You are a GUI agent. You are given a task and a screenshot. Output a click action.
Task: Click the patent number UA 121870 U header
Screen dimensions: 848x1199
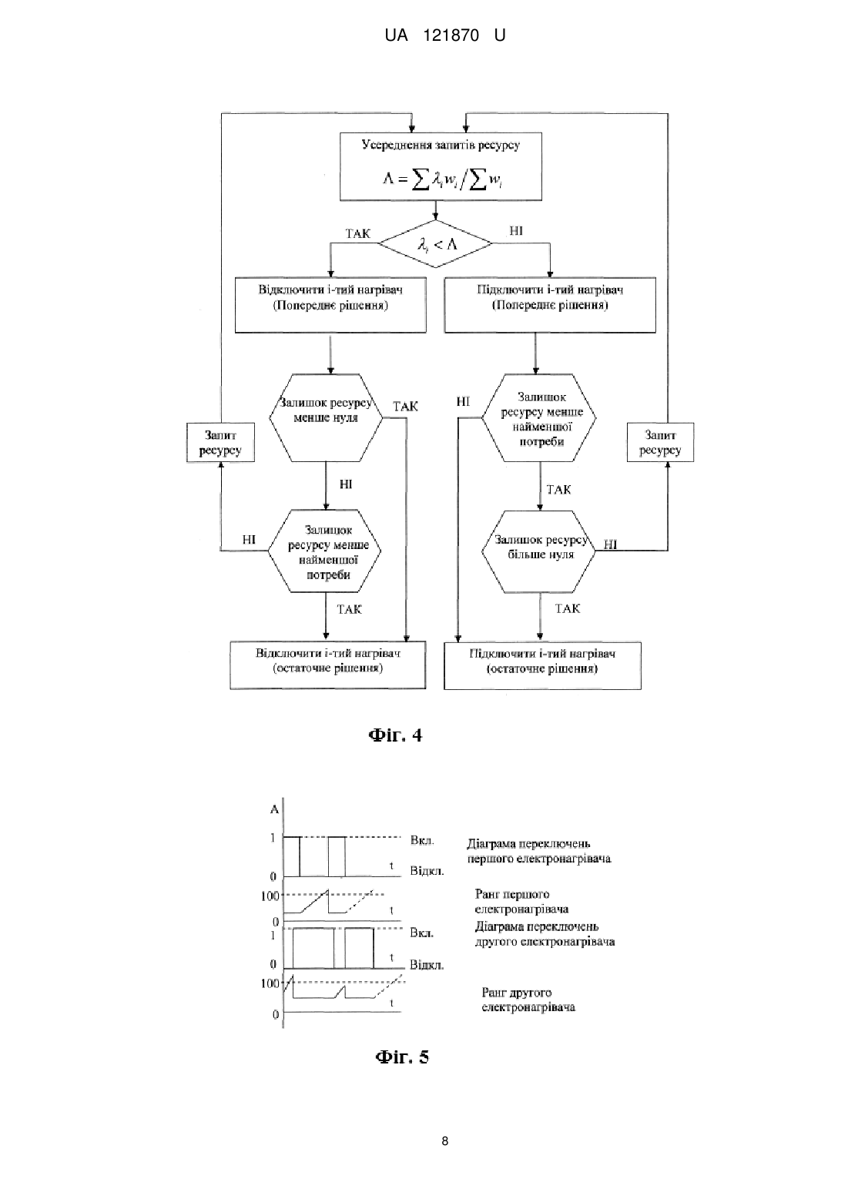coord(445,35)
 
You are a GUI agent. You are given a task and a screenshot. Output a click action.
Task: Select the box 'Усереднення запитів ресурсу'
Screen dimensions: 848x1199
coord(441,166)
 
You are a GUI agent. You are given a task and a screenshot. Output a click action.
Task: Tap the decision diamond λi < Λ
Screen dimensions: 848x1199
coord(435,244)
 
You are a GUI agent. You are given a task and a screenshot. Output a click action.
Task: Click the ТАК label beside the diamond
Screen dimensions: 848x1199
coord(357,233)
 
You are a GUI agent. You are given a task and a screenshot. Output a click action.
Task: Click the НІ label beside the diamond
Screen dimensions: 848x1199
coord(516,231)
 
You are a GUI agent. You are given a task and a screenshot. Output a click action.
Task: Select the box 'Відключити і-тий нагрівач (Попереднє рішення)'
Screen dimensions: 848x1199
coord(330,305)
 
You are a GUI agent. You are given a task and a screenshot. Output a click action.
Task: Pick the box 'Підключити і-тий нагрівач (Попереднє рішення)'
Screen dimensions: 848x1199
coord(550,305)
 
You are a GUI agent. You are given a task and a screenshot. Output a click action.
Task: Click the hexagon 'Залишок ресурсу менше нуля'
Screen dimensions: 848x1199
coord(326,417)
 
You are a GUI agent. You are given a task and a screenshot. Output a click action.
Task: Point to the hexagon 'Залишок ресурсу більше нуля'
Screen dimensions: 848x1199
coord(538,551)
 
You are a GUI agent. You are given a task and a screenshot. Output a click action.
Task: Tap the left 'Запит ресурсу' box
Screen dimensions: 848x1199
coord(220,442)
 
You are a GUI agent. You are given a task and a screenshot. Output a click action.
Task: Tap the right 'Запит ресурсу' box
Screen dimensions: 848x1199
coord(660,442)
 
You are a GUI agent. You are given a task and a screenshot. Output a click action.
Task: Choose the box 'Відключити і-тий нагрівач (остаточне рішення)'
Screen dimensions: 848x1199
coord(327,665)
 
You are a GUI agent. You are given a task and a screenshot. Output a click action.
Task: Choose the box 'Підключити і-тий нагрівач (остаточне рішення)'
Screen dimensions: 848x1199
coord(542,665)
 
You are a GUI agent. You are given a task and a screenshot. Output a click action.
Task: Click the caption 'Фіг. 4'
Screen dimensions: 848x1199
coord(396,735)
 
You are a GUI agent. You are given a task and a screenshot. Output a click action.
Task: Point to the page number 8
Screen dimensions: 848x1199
coord(445,1141)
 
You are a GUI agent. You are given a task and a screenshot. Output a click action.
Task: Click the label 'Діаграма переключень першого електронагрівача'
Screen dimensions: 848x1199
coord(538,852)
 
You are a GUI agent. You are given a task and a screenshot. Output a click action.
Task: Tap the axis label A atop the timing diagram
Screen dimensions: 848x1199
coord(274,809)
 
